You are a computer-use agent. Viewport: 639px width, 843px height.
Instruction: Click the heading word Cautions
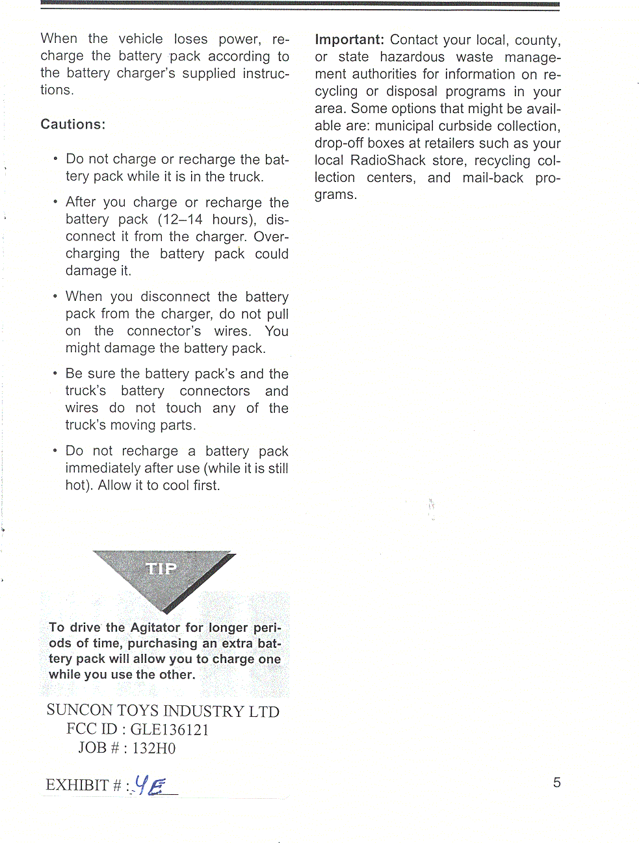pyautogui.click(x=73, y=124)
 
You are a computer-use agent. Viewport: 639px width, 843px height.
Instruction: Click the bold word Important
pyautogui.click(x=349, y=40)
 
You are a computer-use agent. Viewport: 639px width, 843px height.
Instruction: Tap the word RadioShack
pyautogui.click(x=387, y=161)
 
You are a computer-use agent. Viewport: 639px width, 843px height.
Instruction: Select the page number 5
pyautogui.click(x=556, y=783)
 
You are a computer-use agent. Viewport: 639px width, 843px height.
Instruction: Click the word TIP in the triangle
pyautogui.click(x=162, y=569)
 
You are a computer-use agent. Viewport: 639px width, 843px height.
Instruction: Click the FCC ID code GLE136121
pyautogui.click(x=170, y=730)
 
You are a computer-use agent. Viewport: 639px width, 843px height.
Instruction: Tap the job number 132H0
pyautogui.click(x=154, y=748)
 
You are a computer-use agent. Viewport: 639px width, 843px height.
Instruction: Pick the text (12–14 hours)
pyautogui.click(x=207, y=220)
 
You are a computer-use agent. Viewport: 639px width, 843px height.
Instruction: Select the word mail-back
pyautogui.click(x=493, y=178)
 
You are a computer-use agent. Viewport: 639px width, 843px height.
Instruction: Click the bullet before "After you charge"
pyautogui.click(x=56, y=202)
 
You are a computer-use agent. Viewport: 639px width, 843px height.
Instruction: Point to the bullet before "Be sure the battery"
pyautogui.click(x=56, y=374)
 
